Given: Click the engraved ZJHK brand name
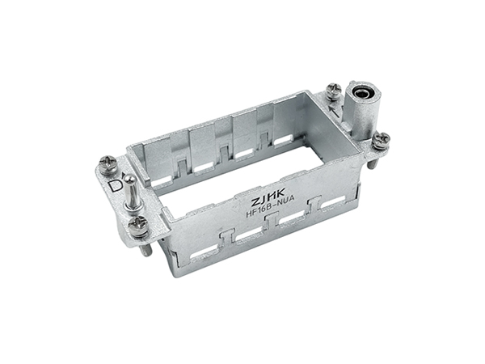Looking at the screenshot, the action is coord(268,197).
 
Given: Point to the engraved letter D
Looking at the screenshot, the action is coord(116,186).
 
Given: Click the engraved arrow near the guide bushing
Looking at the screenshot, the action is coord(335,111).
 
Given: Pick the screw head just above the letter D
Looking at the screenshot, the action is coord(108,163).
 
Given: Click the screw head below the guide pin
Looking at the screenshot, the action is coord(138,226).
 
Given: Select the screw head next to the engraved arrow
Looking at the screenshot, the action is coord(334,91).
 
